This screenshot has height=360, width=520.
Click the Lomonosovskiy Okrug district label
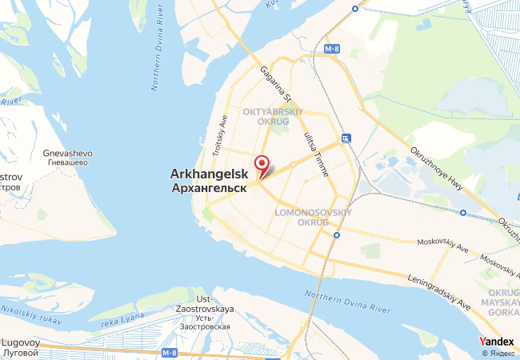pyautogui.click(x=313, y=218)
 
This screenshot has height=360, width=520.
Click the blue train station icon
pyautogui.click(x=346, y=138)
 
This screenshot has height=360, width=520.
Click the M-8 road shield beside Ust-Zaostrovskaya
pyautogui.click(x=168, y=352)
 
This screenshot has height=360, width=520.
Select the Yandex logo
pyautogui.click(x=496, y=342)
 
